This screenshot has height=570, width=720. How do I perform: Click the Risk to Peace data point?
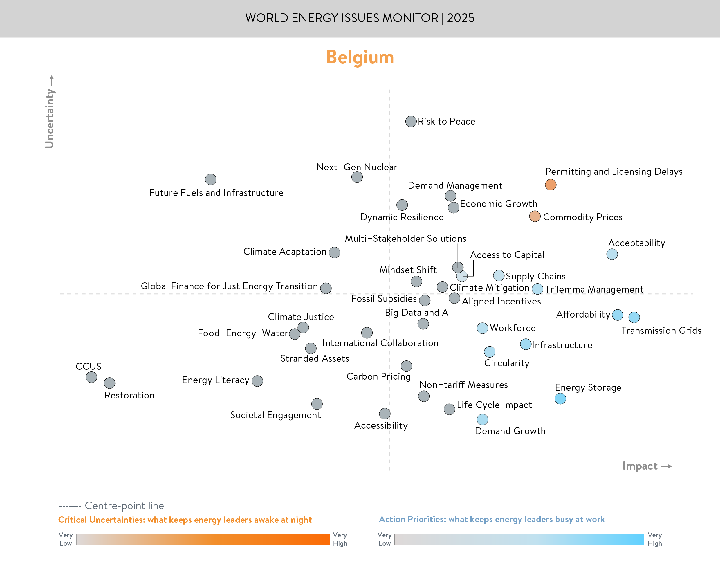pyautogui.click(x=411, y=122)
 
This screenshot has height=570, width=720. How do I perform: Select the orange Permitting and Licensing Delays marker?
pyautogui.click(x=551, y=185)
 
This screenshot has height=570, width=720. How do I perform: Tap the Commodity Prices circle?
pyautogui.click(x=535, y=216)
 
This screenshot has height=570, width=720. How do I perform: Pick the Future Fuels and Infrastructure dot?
pyautogui.click(x=210, y=179)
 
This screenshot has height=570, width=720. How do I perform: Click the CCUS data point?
pyautogui.click(x=91, y=377)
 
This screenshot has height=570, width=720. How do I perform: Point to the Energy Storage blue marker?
pyautogui.click(x=560, y=398)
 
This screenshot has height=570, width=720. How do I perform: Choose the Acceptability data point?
pyautogui.click(x=612, y=254)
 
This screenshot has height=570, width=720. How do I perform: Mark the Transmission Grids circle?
pyautogui.click(x=634, y=317)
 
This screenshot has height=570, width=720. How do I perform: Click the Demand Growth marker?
pyautogui.click(x=482, y=419)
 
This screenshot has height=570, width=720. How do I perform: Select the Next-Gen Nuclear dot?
pyautogui.click(x=357, y=177)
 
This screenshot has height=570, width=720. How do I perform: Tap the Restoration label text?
pyautogui.click(x=129, y=396)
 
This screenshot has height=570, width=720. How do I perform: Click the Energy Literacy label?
pyautogui.click(x=216, y=380)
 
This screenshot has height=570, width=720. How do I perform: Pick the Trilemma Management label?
pyautogui.click(x=594, y=289)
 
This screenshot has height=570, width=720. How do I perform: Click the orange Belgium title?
pyautogui.click(x=360, y=57)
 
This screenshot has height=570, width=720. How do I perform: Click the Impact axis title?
pyautogui.click(x=640, y=466)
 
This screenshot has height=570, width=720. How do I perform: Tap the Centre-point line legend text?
pyautogui.click(x=124, y=506)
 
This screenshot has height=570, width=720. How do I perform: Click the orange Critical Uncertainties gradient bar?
pyautogui.click(x=203, y=539)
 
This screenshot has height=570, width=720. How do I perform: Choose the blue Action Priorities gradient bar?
pyautogui.click(x=519, y=539)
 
